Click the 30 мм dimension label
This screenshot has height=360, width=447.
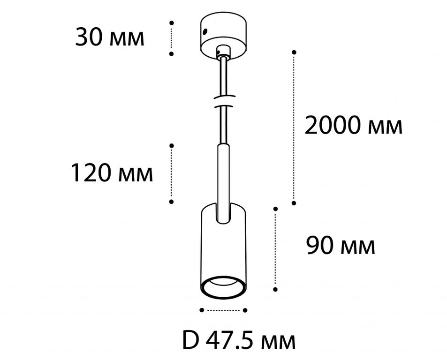tap(110, 38)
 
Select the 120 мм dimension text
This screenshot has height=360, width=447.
tap(112, 173)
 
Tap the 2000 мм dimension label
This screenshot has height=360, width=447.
tap(354, 125)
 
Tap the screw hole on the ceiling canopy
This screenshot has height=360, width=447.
tap(205, 31)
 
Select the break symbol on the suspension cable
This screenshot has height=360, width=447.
tap(224, 101)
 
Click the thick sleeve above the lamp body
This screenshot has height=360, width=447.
tap(223, 183)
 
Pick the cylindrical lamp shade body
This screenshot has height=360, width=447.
tap(223, 251)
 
